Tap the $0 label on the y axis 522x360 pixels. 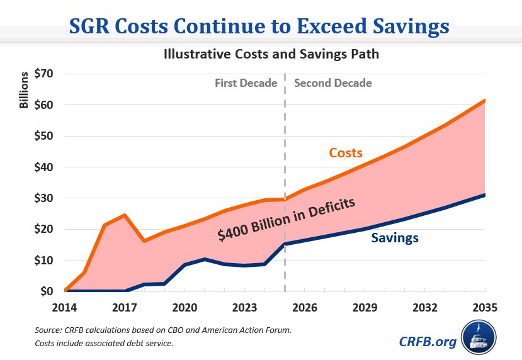pyautogui.click(x=47, y=291)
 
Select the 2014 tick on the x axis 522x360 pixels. pyautogui.click(x=65, y=309)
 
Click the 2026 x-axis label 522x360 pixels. pyautogui.click(x=305, y=309)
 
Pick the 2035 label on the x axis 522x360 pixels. pyautogui.click(x=485, y=309)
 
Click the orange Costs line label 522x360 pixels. pyautogui.click(x=346, y=153)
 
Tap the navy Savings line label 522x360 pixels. pyautogui.click(x=395, y=238)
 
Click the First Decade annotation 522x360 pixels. pyautogui.click(x=246, y=83)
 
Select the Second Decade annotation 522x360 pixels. pyautogui.click(x=333, y=83)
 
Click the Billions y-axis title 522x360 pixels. pyautogui.click(x=24, y=91)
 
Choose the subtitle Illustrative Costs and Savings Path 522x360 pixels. pyautogui.click(x=271, y=53)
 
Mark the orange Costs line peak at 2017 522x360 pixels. pyautogui.click(x=125, y=215)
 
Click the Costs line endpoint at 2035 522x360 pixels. pyautogui.click(x=485, y=101)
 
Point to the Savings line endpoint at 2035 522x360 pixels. pyautogui.click(x=485, y=195)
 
